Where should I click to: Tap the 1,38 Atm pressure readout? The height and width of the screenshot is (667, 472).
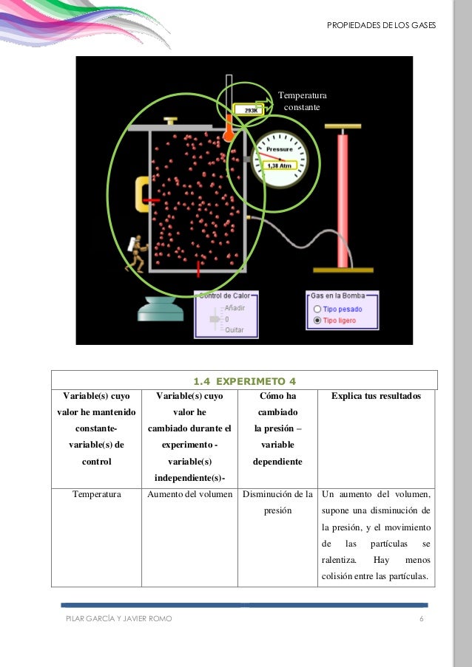pos(281,165)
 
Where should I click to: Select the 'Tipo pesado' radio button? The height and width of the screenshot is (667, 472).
pos(318,309)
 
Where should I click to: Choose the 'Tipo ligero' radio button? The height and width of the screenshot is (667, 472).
pos(318,321)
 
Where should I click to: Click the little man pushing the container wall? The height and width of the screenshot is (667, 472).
pos(135,252)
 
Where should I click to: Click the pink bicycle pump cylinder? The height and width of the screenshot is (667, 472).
pos(343,199)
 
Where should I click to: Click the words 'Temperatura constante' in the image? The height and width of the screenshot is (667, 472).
pos(303,101)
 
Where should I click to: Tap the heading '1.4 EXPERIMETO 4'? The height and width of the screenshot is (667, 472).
pos(244,381)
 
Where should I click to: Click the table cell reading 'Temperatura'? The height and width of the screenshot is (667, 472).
pos(95,494)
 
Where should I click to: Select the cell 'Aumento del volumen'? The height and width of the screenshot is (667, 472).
pos(191,494)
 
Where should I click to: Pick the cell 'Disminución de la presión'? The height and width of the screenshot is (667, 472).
pos(277,502)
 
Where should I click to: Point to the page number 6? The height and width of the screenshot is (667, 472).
pos(421,618)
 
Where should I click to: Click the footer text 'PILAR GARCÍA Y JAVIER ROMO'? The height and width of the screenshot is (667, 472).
pos(119,618)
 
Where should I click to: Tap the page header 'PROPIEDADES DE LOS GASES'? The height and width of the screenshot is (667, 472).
pos(381,27)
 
